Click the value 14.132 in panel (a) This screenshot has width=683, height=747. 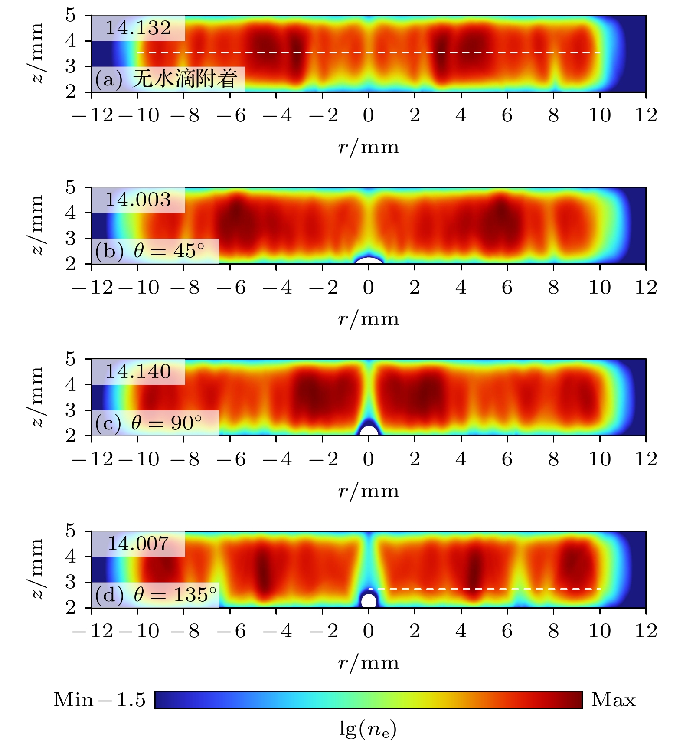pyautogui.click(x=138, y=28)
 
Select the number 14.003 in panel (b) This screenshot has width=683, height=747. pyautogui.click(x=138, y=200)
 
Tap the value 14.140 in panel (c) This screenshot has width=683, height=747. pyautogui.click(x=138, y=372)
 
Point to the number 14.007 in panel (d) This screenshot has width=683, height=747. pyautogui.click(x=138, y=544)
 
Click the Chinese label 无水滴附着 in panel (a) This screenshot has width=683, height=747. pyautogui.click(x=185, y=79)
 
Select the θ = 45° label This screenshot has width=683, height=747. pyautogui.click(x=169, y=251)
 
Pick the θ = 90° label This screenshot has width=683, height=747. pyautogui.click(x=167, y=423)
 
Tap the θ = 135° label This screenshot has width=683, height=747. pyautogui.click(x=175, y=594)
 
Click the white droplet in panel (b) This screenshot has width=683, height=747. pyautogui.click(x=369, y=261)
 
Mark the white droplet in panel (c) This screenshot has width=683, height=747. pyautogui.click(x=369, y=431)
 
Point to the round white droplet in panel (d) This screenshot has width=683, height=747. pyautogui.click(x=369, y=601)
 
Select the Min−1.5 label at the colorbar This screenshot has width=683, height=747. pyautogui.click(x=99, y=700)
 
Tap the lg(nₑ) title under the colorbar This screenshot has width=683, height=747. pyautogui.click(x=368, y=730)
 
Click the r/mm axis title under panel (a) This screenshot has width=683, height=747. pyautogui.click(x=369, y=148)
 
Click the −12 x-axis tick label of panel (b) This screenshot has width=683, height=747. pyautogui.click(x=93, y=288)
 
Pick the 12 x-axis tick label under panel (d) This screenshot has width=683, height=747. pyautogui.click(x=646, y=631)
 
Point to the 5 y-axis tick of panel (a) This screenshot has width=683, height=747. pyautogui.click(x=70, y=16)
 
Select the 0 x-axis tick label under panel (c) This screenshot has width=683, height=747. pyautogui.click(x=369, y=459)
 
